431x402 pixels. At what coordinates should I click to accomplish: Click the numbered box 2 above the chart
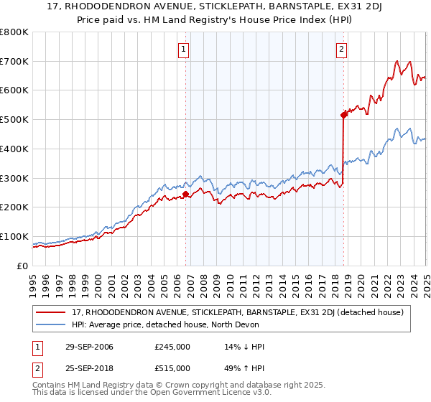(x=341, y=50)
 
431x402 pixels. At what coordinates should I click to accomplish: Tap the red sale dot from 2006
(x=185, y=194)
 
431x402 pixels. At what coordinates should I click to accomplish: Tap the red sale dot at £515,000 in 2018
(x=343, y=115)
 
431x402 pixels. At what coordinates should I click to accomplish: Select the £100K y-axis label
(x=15, y=237)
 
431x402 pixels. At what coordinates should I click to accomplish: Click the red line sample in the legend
(x=51, y=312)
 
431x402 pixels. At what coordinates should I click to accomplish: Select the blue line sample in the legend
(x=51, y=324)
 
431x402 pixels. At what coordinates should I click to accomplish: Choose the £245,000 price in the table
(x=172, y=347)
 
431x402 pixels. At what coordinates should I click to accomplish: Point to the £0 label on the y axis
(x=22, y=266)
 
